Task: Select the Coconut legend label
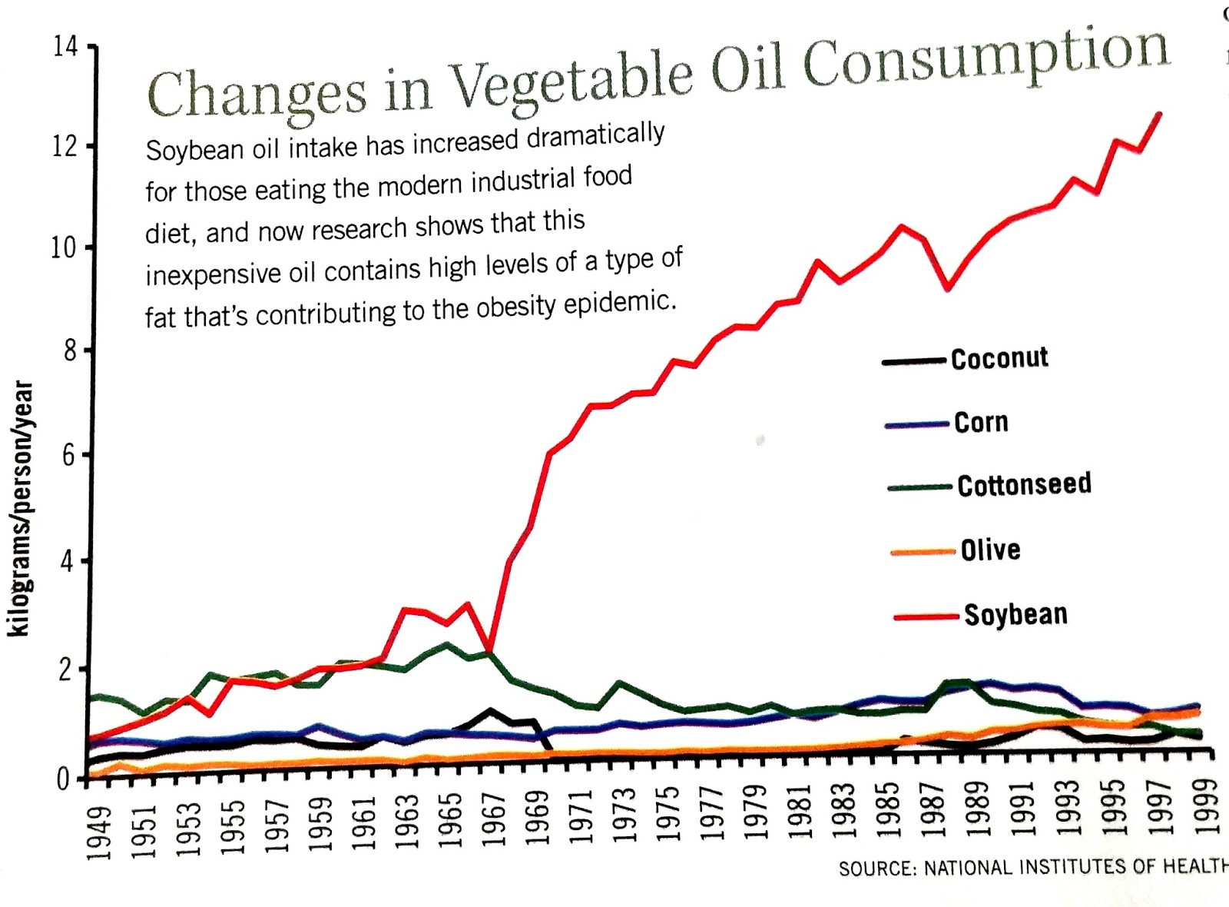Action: point(999,358)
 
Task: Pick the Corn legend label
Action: point(981,422)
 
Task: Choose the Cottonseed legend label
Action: point(1024,485)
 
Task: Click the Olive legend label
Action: point(991,550)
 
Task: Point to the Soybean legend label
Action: point(1015,615)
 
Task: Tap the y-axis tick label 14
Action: point(65,47)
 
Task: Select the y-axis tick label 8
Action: point(69,351)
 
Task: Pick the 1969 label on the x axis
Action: point(538,818)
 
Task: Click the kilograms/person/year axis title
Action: point(21,508)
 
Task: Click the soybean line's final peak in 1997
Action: point(1158,115)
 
